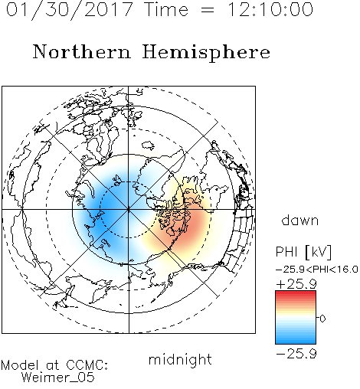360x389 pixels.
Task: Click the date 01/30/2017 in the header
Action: [x=69, y=10]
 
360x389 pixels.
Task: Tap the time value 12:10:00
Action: [x=270, y=9]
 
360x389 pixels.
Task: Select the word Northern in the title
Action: [x=82, y=51]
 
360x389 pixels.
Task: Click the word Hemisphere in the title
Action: [x=206, y=53]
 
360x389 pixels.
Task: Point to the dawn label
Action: [x=300, y=220]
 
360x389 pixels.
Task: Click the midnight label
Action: [x=180, y=360]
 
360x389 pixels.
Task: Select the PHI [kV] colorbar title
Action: [x=303, y=252]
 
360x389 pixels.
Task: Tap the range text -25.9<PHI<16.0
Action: [x=317, y=270]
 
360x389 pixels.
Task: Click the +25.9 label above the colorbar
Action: [x=296, y=284]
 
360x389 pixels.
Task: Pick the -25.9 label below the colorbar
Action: [x=296, y=354]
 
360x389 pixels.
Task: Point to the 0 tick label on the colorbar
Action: [x=322, y=319]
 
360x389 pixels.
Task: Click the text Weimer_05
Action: [x=58, y=377]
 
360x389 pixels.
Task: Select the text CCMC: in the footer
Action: [x=87, y=365]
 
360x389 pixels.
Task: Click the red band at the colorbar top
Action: [x=296, y=293]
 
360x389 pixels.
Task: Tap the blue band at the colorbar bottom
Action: [x=296, y=341]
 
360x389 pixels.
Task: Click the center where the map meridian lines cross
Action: [x=129, y=210]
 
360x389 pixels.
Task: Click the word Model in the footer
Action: [x=20, y=365]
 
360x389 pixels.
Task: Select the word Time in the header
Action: [x=166, y=9]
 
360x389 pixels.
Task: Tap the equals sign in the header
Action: [x=208, y=10]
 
